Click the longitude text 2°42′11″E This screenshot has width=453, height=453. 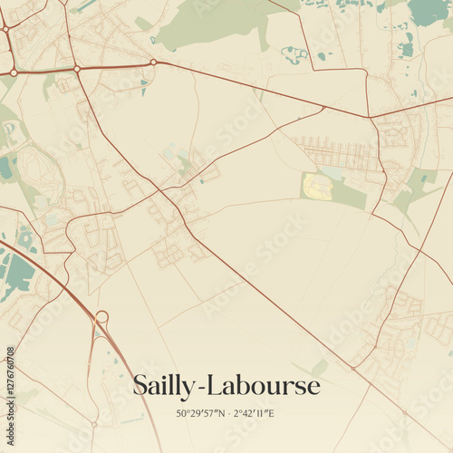tap(256, 414)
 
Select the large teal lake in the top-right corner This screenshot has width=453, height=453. tap(428, 11)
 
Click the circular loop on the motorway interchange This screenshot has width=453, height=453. tap(101, 317)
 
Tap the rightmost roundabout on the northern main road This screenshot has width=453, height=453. tap(153, 63)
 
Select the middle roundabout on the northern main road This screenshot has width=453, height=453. tap(77, 69)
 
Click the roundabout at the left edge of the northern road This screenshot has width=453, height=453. tap(14, 72)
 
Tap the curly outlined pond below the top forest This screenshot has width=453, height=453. tap(295, 54)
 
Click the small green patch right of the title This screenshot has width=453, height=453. tap(319, 366)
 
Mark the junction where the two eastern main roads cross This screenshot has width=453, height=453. tap(370, 117)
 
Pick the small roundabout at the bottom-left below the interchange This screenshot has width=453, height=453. tap(93, 423)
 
